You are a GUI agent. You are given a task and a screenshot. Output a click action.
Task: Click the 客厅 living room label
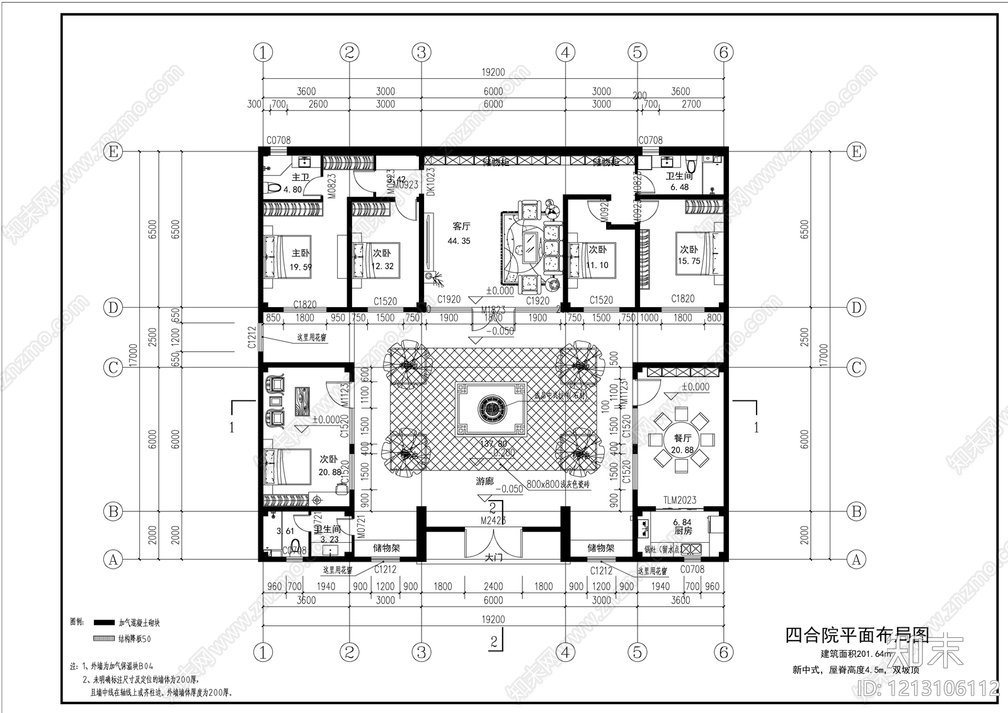point(461,226)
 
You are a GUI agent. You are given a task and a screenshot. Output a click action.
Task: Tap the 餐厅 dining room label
point(682,438)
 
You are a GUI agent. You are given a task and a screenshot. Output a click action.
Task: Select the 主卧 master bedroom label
point(301,253)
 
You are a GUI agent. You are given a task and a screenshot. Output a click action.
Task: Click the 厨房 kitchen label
point(683,531)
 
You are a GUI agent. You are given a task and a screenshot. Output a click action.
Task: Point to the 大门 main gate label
point(493,557)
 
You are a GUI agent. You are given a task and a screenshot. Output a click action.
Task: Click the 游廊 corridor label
point(484,482)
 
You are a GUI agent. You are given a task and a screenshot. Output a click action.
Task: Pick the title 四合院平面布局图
point(856,635)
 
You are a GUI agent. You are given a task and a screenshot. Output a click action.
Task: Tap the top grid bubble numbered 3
point(421,52)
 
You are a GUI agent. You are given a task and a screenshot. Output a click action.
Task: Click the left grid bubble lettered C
point(113,368)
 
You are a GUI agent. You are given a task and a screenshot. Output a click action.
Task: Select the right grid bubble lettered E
point(856,151)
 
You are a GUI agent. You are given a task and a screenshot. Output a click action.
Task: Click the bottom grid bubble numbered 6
point(723,652)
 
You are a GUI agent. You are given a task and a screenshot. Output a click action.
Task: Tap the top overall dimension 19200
point(493,72)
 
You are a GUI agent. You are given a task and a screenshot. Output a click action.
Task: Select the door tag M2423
point(493,521)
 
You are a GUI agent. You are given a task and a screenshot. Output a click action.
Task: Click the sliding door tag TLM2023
point(679,500)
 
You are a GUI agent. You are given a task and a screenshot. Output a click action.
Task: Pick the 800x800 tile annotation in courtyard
point(558,484)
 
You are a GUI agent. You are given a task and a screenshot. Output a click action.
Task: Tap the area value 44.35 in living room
point(459,241)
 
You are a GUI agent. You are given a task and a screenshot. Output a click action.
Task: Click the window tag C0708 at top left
point(278,140)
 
